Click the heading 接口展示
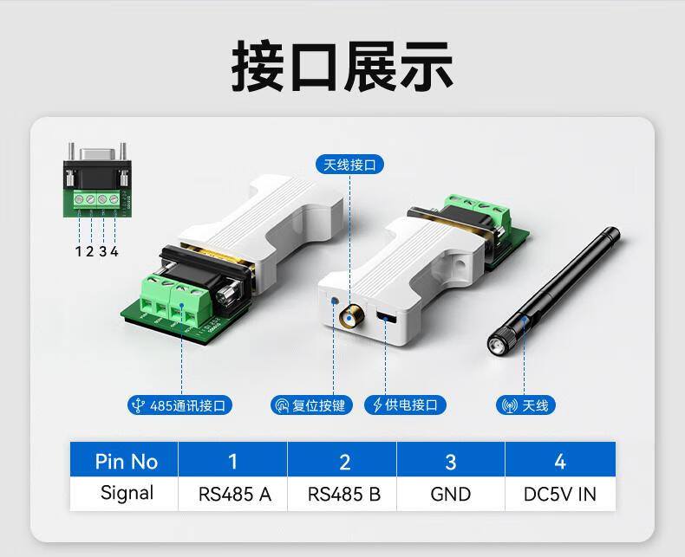click(x=342, y=66)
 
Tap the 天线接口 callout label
click(x=349, y=165)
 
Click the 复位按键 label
click(x=312, y=405)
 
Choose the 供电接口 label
click(x=406, y=405)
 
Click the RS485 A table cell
click(x=234, y=494)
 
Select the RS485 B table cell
click(x=343, y=494)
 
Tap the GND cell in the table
click(x=451, y=494)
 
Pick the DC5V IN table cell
click(x=560, y=494)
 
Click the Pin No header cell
click(x=126, y=461)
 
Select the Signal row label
click(x=126, y=494)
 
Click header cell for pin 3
click(x=451, y=461)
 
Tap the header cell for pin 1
click(x=233, y=461)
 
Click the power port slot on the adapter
click(x=386, y=318)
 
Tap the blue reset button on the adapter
click(x=334, y=301)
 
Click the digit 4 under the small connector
click(x=114, y=251)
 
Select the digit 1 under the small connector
click(x=78, y=251)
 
